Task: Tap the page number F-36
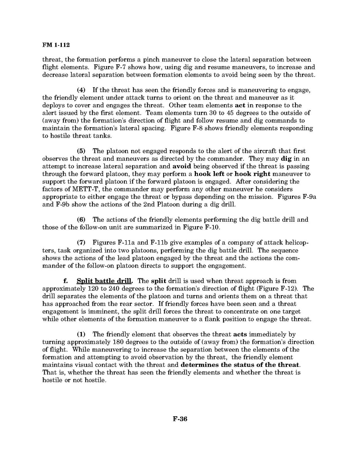point(180,419)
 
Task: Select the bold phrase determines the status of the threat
point(240,364)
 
